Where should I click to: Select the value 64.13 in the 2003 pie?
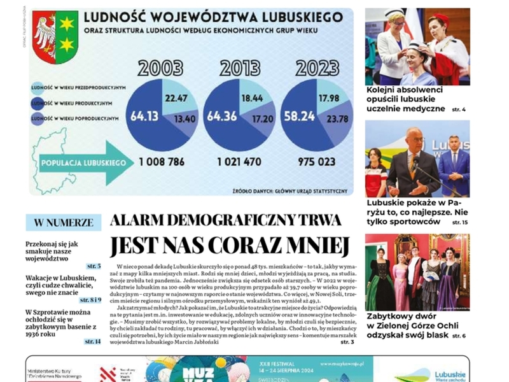[144, 117]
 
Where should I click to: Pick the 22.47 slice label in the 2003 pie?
[176, 97]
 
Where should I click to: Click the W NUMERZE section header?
[63, 223]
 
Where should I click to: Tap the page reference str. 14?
[92, 342]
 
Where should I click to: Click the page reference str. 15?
[459, 222]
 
